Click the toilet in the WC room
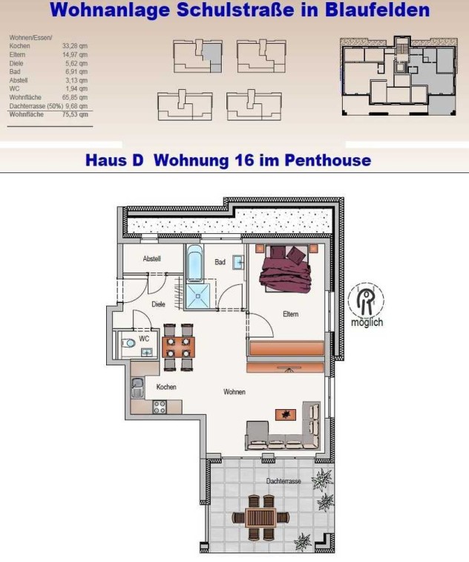click(x=128, y=344)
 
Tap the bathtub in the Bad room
click(x=194, y=264)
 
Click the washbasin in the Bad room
click(x=238, y=262)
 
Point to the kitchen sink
click(x=137, y=388)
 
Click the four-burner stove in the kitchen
click(x=160, y=407)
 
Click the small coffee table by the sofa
click(x=286, y=415)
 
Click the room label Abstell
click(x=151, y=258)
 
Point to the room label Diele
click(x=158, y=304)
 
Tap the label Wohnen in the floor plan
click(x=234, y=392)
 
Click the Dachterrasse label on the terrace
click(x=283, y=481)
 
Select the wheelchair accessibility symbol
click(x=366, y=301)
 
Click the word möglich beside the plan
click(x=367, y=322)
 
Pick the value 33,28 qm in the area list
click(x=75, y=46)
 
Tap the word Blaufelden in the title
click(x=377, y=10)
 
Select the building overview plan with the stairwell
click(x=399, y=76)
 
